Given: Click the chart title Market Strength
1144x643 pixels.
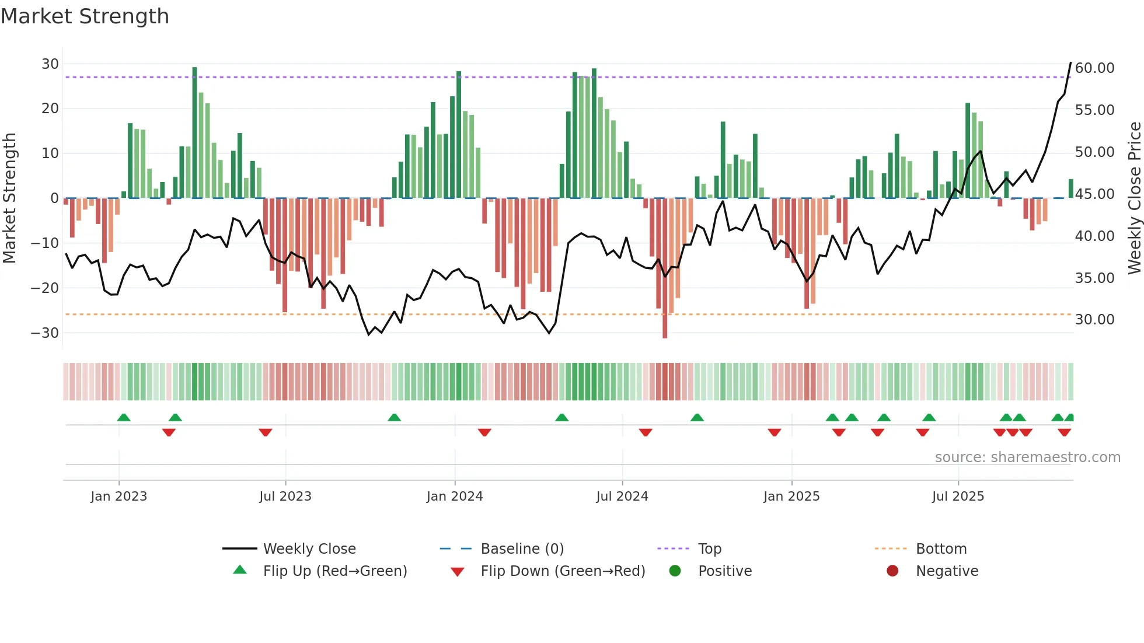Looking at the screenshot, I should tap(85, 16).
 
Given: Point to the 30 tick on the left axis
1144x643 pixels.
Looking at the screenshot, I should tap(50, 64).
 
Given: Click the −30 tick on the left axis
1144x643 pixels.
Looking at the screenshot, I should tap(45, 333).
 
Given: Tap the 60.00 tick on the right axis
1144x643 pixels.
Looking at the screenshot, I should tap(1094, 68).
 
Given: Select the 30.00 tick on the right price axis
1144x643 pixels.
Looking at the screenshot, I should tap(1094, 320).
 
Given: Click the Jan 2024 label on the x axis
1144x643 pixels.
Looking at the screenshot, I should tap(455, 497).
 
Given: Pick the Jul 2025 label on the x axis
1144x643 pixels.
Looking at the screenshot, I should tap(958, 497).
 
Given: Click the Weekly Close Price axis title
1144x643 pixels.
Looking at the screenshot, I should tap(1134, 198).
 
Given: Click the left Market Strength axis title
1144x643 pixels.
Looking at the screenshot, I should tap(9, 198).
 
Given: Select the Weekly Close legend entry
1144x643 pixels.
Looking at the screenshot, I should tap(309, 549).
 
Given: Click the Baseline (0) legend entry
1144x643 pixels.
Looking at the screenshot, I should tap(522, 549).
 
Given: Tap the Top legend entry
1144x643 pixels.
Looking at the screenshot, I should tap(710, 549).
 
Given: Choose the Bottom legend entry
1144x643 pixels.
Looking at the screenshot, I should tap(941, 549).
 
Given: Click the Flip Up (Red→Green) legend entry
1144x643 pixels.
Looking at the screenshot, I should tap(334, 571).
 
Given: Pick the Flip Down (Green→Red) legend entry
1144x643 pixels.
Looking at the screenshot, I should tap(563, 571).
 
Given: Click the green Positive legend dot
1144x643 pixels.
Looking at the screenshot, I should tap(675, 571).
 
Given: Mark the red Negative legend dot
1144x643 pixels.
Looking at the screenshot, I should tap(892, 571).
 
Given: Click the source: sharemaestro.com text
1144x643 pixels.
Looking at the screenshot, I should tap(1027, 457).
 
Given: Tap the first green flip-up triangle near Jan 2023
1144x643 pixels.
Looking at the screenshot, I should tap(124, 417).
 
